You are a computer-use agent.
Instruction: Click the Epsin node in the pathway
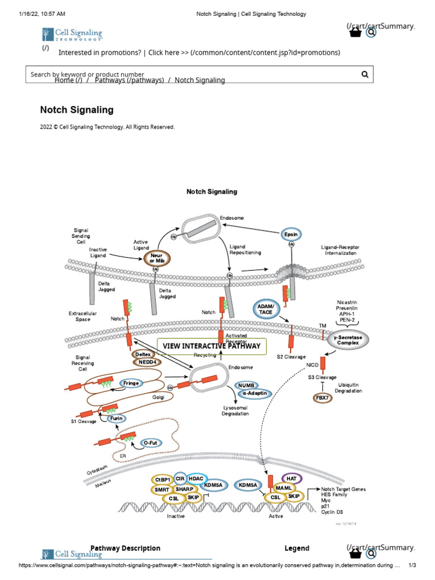(x=291, y=234)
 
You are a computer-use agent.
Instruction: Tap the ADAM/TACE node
(x=266, y=309)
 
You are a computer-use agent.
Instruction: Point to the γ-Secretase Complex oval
(x=348, y=340)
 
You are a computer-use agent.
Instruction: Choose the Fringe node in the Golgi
(x=131, y=383)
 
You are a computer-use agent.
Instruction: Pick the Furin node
(x=117, y=419)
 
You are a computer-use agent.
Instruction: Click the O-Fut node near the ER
(x=150, y=442)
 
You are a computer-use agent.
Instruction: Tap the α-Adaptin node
(x=255, y=393)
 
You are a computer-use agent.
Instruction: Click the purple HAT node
(x=292, y=479)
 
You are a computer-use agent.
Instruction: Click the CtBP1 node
(x=163, y=480)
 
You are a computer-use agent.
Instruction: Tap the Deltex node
(x=143, y=354)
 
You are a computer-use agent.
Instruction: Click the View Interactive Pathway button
(x=211, y=346)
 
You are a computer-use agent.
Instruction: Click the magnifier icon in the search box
(x=365, y=74)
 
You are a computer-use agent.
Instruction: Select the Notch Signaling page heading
(x=77, y=110)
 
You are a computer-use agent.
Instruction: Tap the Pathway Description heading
(x=125, y=548)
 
